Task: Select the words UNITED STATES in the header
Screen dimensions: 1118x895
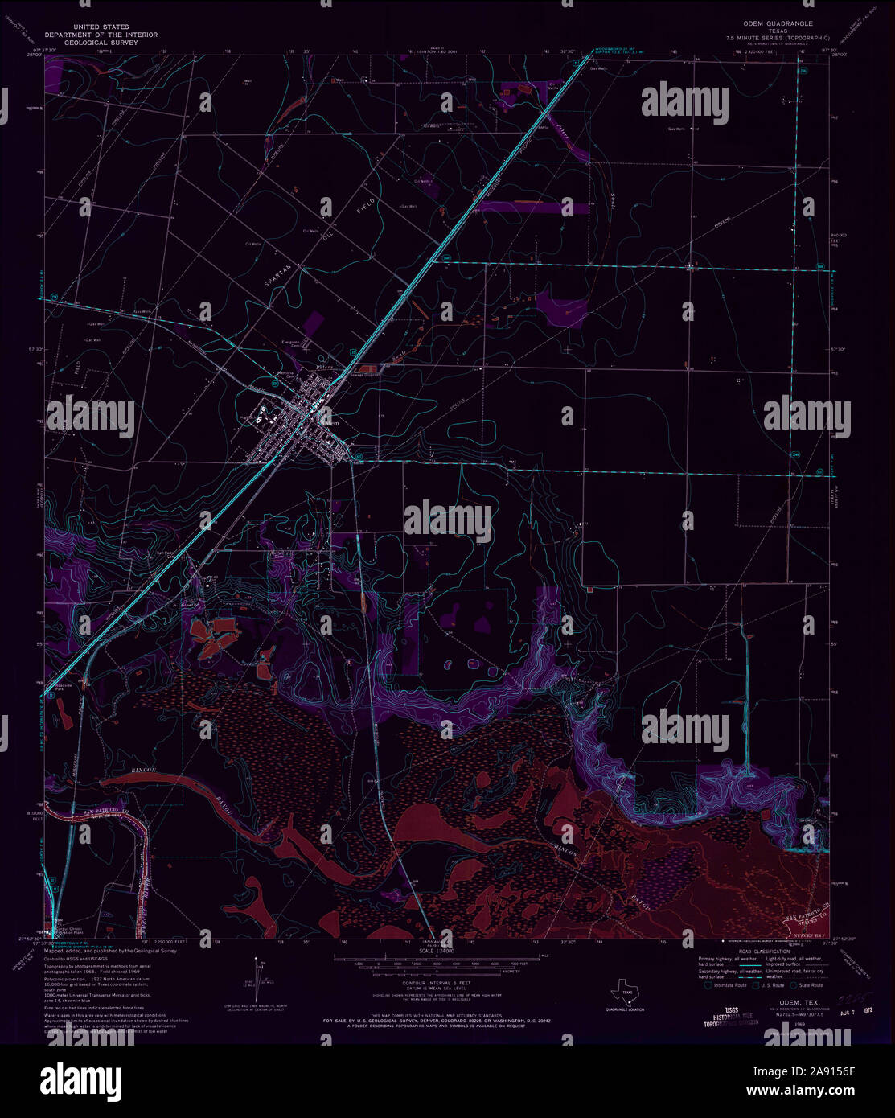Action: tap(101, 27)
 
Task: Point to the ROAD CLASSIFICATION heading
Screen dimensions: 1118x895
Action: tap(761, 951)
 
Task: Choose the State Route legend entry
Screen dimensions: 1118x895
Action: tap(807, 985)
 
